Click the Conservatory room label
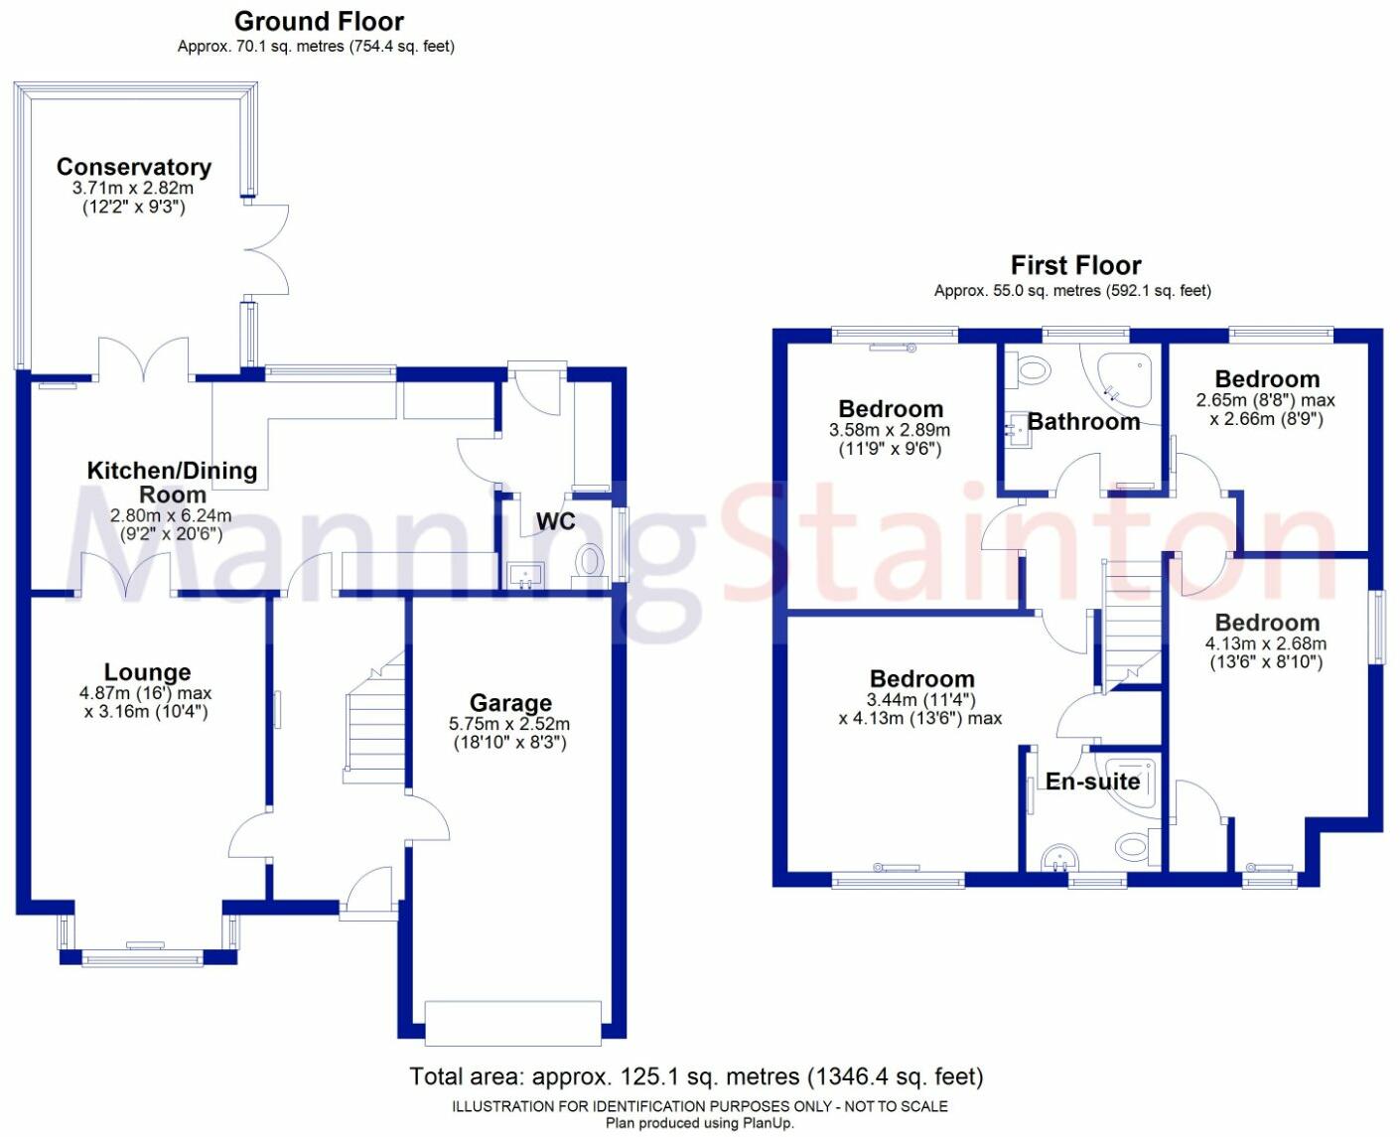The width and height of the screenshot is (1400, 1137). coord(134,167)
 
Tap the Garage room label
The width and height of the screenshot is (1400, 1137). coord(510,703)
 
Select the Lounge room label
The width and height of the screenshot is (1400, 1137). coord(147,672)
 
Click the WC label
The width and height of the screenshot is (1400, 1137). coord(555,521)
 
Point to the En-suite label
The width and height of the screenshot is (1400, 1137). coord(1092,782)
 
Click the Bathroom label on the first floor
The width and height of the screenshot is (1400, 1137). coord(1083,421)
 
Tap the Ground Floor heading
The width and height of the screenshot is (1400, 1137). coord(319,21)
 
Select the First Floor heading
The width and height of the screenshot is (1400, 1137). coord(1075,265)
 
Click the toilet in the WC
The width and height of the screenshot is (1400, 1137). coord(590,563)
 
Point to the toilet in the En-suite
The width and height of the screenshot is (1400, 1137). coord(1133,847)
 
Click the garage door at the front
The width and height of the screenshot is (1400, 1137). coord(512,1023)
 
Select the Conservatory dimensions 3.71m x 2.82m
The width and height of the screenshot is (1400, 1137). coord(133,188)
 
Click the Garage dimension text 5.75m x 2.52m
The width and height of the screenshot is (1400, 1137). coord(509,724)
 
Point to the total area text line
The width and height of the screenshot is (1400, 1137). coord(696,1076)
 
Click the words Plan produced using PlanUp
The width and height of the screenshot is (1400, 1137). coord(700,1123)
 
